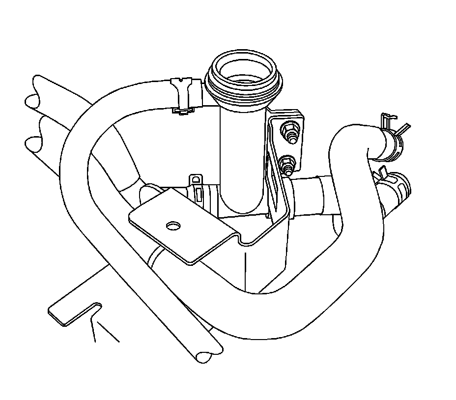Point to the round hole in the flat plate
pos(173,226)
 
